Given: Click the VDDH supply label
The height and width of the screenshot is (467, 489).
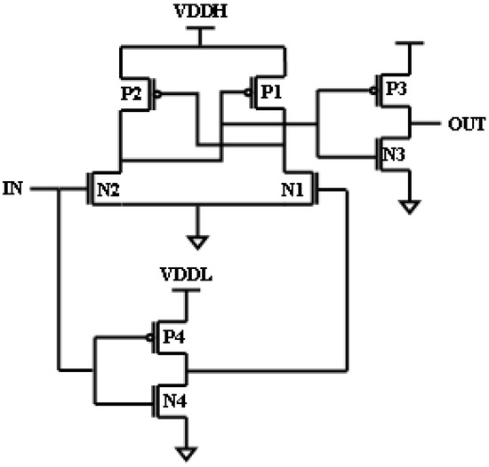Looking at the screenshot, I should click(200, 12).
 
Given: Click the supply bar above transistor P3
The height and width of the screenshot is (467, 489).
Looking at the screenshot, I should click(408, 44).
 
